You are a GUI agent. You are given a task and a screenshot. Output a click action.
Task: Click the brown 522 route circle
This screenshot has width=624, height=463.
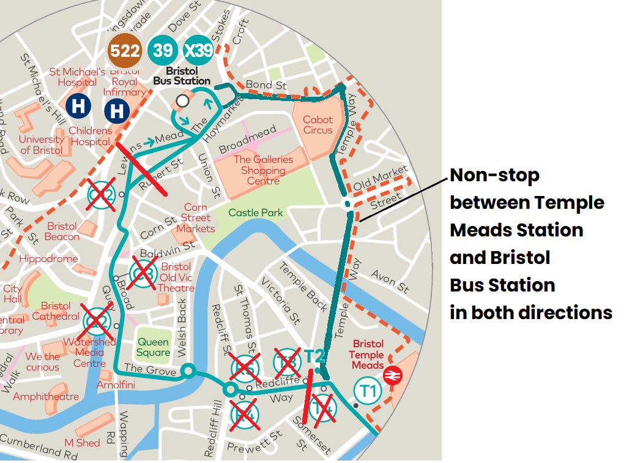125,51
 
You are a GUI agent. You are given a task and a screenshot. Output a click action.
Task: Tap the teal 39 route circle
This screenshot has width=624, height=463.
163,50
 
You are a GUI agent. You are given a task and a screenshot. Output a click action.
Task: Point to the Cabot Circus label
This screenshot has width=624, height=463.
318,125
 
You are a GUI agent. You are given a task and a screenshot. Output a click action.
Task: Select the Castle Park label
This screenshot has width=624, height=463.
256,213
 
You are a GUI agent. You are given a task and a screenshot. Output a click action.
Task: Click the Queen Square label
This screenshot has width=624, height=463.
153,347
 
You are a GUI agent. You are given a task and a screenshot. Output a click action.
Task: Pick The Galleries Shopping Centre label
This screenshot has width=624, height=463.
263,170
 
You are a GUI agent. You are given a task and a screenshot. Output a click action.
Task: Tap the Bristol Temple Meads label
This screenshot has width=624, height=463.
368,355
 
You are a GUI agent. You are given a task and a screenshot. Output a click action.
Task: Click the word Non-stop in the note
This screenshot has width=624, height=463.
494,176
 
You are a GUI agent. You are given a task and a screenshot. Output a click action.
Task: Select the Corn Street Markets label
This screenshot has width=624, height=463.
196,218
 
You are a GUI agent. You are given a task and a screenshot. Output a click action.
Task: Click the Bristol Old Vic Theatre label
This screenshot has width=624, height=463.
176,277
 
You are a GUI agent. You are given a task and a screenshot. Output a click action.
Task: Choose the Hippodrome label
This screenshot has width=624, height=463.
49,258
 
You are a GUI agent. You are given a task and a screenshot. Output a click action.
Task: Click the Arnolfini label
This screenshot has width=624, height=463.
116,385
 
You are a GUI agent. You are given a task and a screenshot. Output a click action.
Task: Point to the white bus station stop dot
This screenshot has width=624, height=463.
182,100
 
